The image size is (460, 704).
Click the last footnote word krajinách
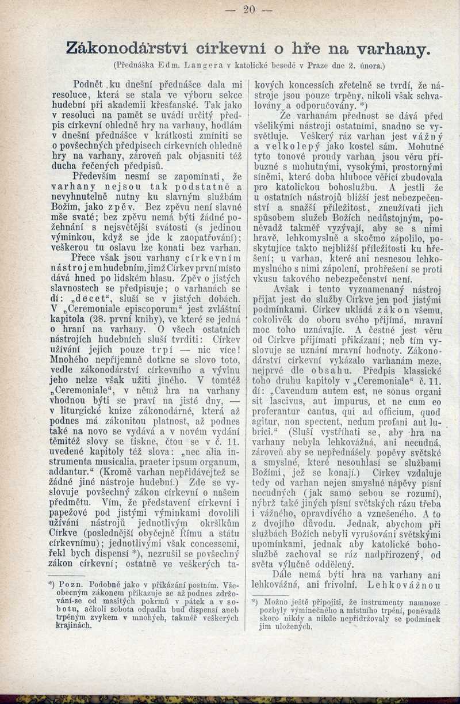67,624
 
